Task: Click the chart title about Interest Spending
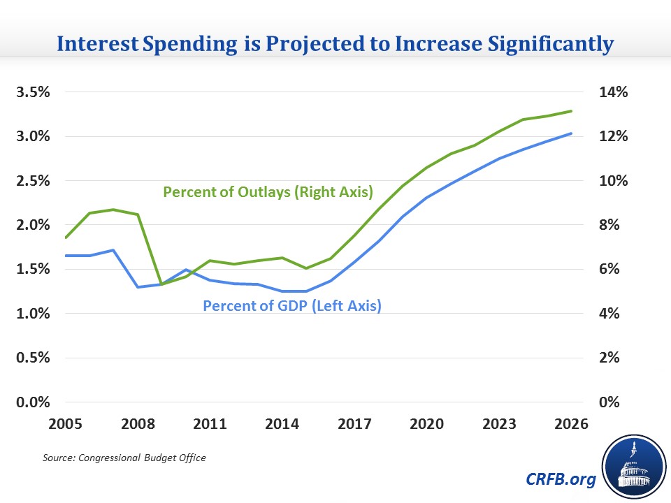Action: click(x=335, y=44)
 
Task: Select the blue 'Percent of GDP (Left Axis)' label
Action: click(x=291, y=305)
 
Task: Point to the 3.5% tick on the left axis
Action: click(x=29, y=92)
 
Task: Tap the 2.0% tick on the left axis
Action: click(x=29, y=225)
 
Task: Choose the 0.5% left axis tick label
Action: click(x=29, y=358)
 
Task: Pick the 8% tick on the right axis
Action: click(x=616, y=225)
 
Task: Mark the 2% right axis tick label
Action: click(x=616, y=358)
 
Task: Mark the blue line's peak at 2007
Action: click(x=113, y=250)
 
